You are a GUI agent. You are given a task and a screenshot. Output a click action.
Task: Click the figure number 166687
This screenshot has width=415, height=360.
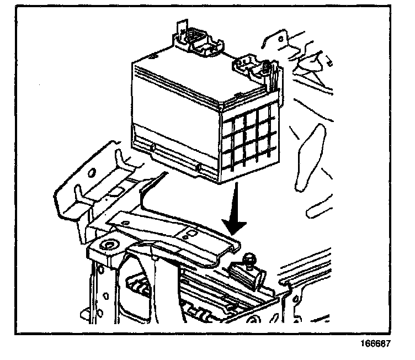pos(376,343)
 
